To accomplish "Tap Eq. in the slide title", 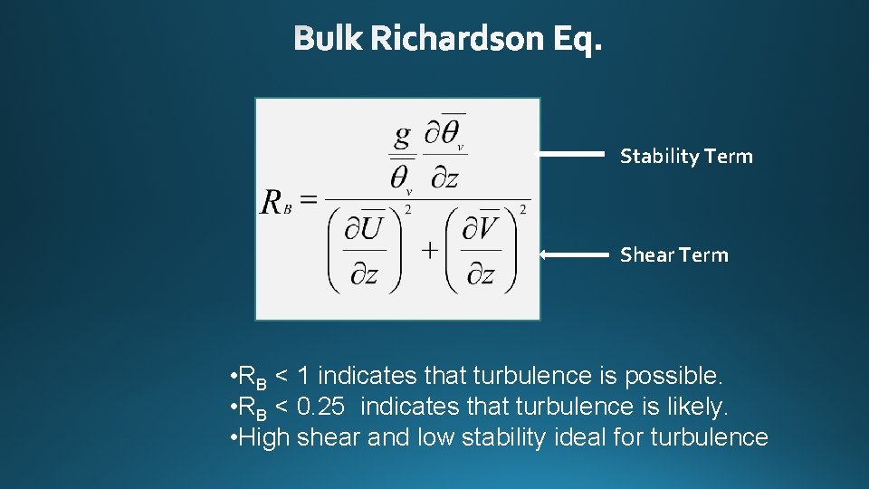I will coord(577,39).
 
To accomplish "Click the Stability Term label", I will coord(686,157).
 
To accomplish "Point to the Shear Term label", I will coord(673,255).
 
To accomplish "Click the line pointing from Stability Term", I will coord(571,155).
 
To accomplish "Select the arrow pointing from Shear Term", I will coord(574,255).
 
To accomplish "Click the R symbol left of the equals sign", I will coord(272,202).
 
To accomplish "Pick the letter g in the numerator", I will coord(402,136).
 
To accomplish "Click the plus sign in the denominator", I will coord(428,250).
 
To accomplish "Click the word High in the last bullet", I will coord(263,438).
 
